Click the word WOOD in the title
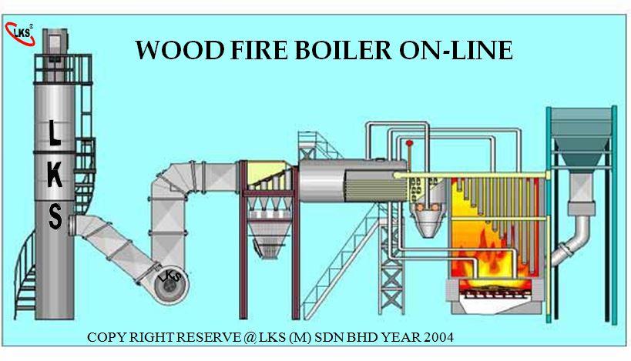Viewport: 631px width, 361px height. pos(180,50)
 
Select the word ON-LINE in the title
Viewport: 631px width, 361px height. pos(456,50)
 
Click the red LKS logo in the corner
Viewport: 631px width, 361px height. pos(19,34)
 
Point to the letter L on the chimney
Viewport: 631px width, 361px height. pos(55,132)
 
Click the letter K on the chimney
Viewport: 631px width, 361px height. pos(55,175)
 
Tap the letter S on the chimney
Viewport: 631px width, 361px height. pos(55,216)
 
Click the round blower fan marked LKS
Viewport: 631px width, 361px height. pos(171,286)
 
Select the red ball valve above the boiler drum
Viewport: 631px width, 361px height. pos(410,142)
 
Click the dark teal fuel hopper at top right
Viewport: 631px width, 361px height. pos(581,137)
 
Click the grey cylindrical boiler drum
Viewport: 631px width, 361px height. pos(353,181)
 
